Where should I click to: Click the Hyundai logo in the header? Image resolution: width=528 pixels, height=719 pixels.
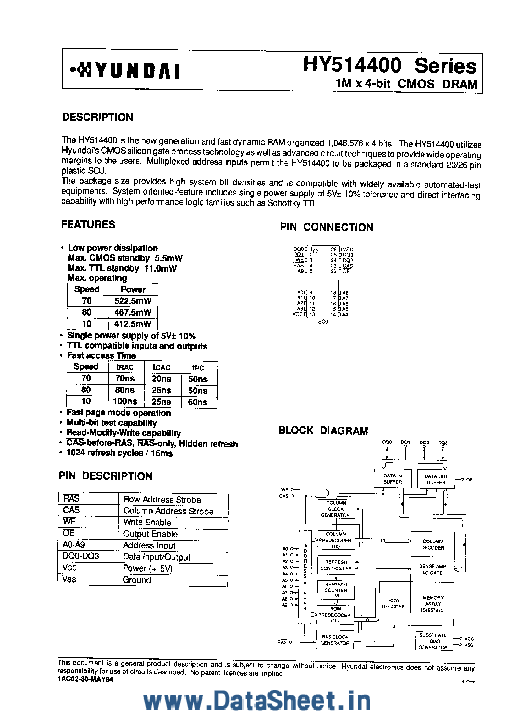[x=125, y=71]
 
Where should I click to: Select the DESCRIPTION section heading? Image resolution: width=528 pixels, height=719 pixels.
[x=97, y=117]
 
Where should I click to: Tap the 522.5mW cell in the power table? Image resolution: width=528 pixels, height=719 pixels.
[x=133, y=301]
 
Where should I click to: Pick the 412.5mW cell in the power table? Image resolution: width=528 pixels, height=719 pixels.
[x=133, y=324]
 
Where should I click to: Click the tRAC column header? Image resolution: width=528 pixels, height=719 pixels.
[x=125, y=367]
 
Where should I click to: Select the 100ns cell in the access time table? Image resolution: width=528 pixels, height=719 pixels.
[x=125, y=401]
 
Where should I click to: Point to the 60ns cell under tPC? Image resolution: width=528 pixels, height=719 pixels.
[x=198, y=402]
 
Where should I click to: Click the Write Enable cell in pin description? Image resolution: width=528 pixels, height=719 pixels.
[x=147, y=522]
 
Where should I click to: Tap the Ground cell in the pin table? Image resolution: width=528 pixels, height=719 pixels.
[x=137, y=580]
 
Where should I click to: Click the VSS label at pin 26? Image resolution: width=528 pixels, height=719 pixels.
[x=348, y=249]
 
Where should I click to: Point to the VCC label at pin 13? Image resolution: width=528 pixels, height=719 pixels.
[x=298, y=314]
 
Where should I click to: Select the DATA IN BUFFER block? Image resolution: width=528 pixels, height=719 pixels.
[x=393, y=479]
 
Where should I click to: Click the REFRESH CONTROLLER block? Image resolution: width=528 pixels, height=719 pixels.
[x=336, y=565]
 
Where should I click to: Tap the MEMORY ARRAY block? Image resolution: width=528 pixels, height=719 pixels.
[x=432, y=603]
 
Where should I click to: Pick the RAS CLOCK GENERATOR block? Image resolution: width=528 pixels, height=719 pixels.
[x=335, y=639]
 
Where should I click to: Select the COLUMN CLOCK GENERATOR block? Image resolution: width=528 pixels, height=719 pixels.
[x=336, y=509]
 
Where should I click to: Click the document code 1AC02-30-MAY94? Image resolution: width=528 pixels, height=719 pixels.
[x=86, y=679]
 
